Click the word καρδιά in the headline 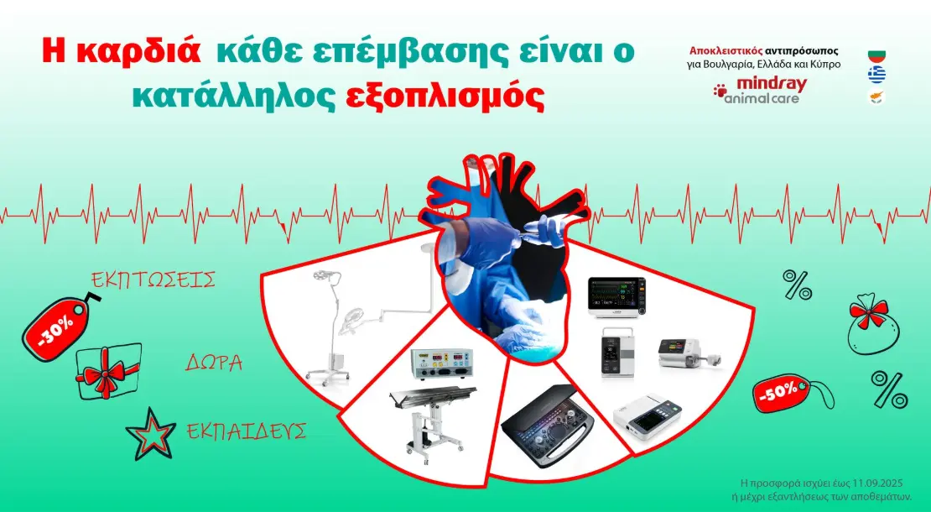coord(138,52)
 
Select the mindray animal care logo coord(760,91)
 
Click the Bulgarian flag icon coord(876,56)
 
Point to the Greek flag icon coord(876,75)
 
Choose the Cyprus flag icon coord(876,97)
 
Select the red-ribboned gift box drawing coord(109,371)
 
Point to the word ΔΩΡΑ coord(214,362)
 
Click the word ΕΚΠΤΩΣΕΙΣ coord(153,280)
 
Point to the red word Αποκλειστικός coord(726,52)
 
